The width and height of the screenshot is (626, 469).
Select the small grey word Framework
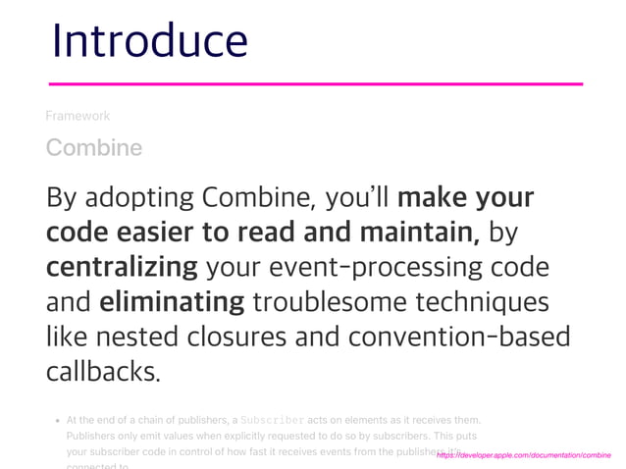[78, 116]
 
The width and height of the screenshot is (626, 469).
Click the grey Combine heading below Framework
[94, 148]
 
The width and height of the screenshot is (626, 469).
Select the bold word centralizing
[122, 267]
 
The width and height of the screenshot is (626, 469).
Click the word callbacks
[102, 371]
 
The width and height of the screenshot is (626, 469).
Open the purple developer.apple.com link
[523, 456]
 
